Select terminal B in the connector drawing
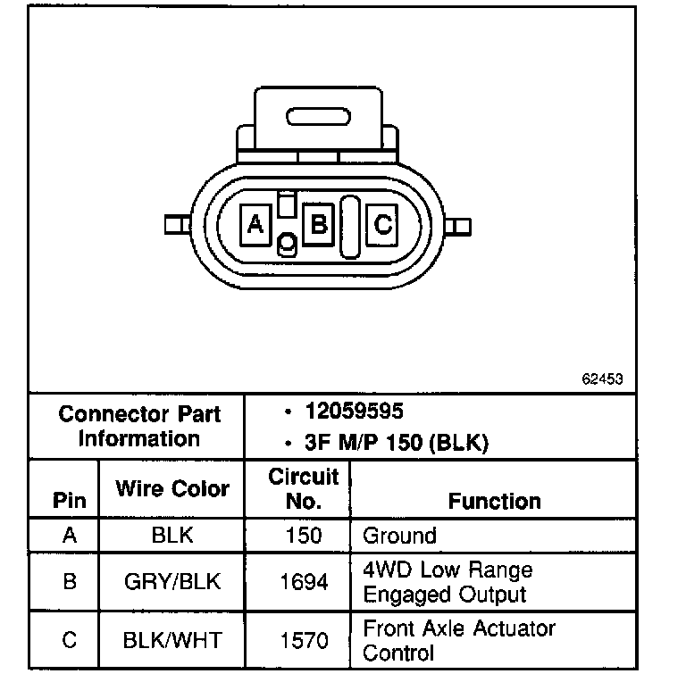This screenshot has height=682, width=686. (x=317, y=223)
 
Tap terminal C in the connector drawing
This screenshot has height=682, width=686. (x=382, y=224)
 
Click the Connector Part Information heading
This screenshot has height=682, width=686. (x=138, y=427)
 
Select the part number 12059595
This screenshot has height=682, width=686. (x=354, y=412)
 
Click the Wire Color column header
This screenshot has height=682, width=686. (x=172, y=488)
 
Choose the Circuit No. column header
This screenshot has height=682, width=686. (x=304, y=488)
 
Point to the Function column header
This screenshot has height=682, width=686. (x=494, y=501)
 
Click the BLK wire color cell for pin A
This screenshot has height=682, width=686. (x=172, y=536)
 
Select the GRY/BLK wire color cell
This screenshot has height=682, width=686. (x=172, y=582)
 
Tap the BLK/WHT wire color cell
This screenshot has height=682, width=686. (x=172, y=640)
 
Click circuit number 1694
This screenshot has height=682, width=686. (x=304, y=582)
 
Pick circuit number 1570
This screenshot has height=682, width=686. (x=304, y=640)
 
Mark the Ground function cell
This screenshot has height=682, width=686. (x=399, y=536)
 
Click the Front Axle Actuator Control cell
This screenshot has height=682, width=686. (x=458, y=640)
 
